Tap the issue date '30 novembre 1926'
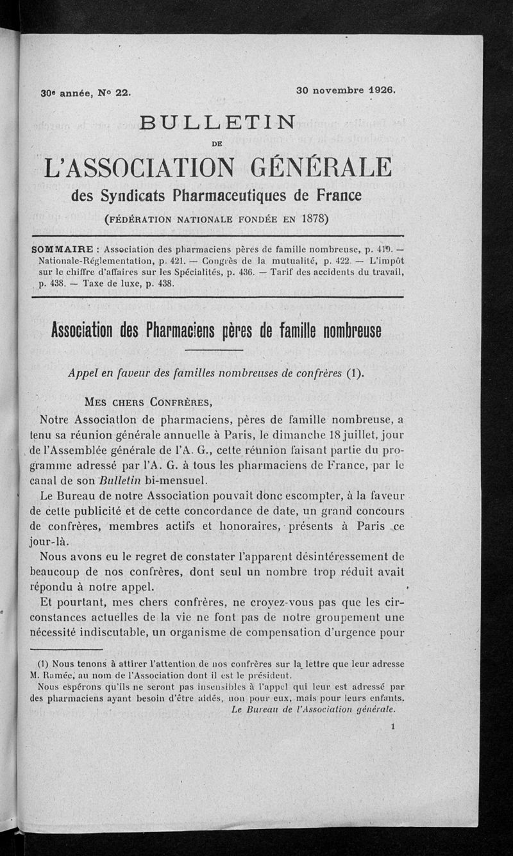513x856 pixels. point(346,90)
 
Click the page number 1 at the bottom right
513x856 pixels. point(392,726)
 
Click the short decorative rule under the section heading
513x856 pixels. point(213,350)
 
